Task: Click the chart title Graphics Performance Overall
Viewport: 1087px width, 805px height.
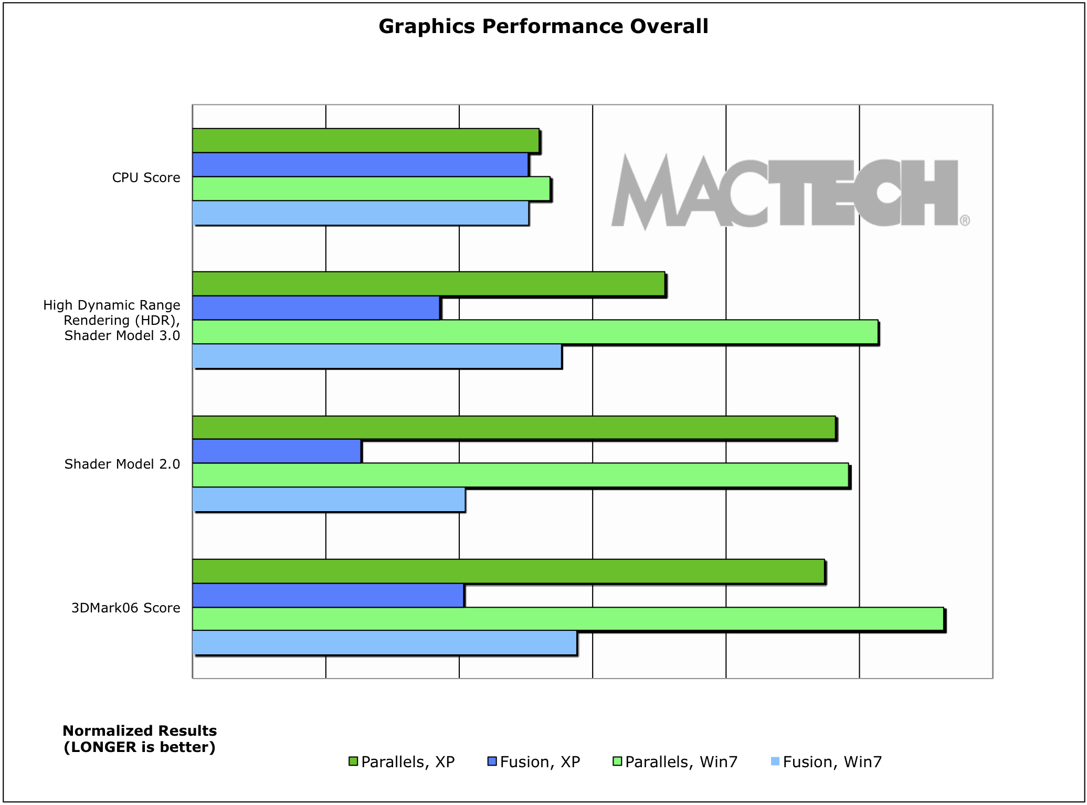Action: click(543, 26)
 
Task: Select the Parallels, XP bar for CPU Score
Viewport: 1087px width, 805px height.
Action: click(365, 141)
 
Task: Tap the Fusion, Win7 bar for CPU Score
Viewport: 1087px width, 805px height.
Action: click(360, 213)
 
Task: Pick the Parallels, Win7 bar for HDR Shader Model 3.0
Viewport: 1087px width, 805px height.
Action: click(535, 332)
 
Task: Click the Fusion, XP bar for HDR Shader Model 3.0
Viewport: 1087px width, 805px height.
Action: click(315, 308)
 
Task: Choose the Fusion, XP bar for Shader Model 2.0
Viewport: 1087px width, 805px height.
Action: click(277, 451)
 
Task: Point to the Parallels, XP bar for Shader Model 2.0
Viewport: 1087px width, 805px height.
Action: click(513, 428)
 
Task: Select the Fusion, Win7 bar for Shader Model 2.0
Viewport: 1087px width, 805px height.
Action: click(329, 499)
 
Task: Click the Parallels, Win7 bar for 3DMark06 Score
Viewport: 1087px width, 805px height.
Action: click(568, 619)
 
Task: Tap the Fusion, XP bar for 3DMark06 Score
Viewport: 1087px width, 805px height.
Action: click(328, 595)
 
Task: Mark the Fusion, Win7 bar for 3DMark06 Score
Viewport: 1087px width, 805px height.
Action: click(384, 643)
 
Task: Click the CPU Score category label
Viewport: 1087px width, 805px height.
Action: click(146, 178)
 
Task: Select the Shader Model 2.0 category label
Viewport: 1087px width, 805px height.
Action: click(122, 464)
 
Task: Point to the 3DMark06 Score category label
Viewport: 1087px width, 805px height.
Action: click(125, 608)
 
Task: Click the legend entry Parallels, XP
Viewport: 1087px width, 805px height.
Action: click(402, 761)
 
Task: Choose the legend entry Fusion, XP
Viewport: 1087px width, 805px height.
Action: click(534, 761)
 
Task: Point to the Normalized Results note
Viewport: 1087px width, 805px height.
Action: click(140, 738)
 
